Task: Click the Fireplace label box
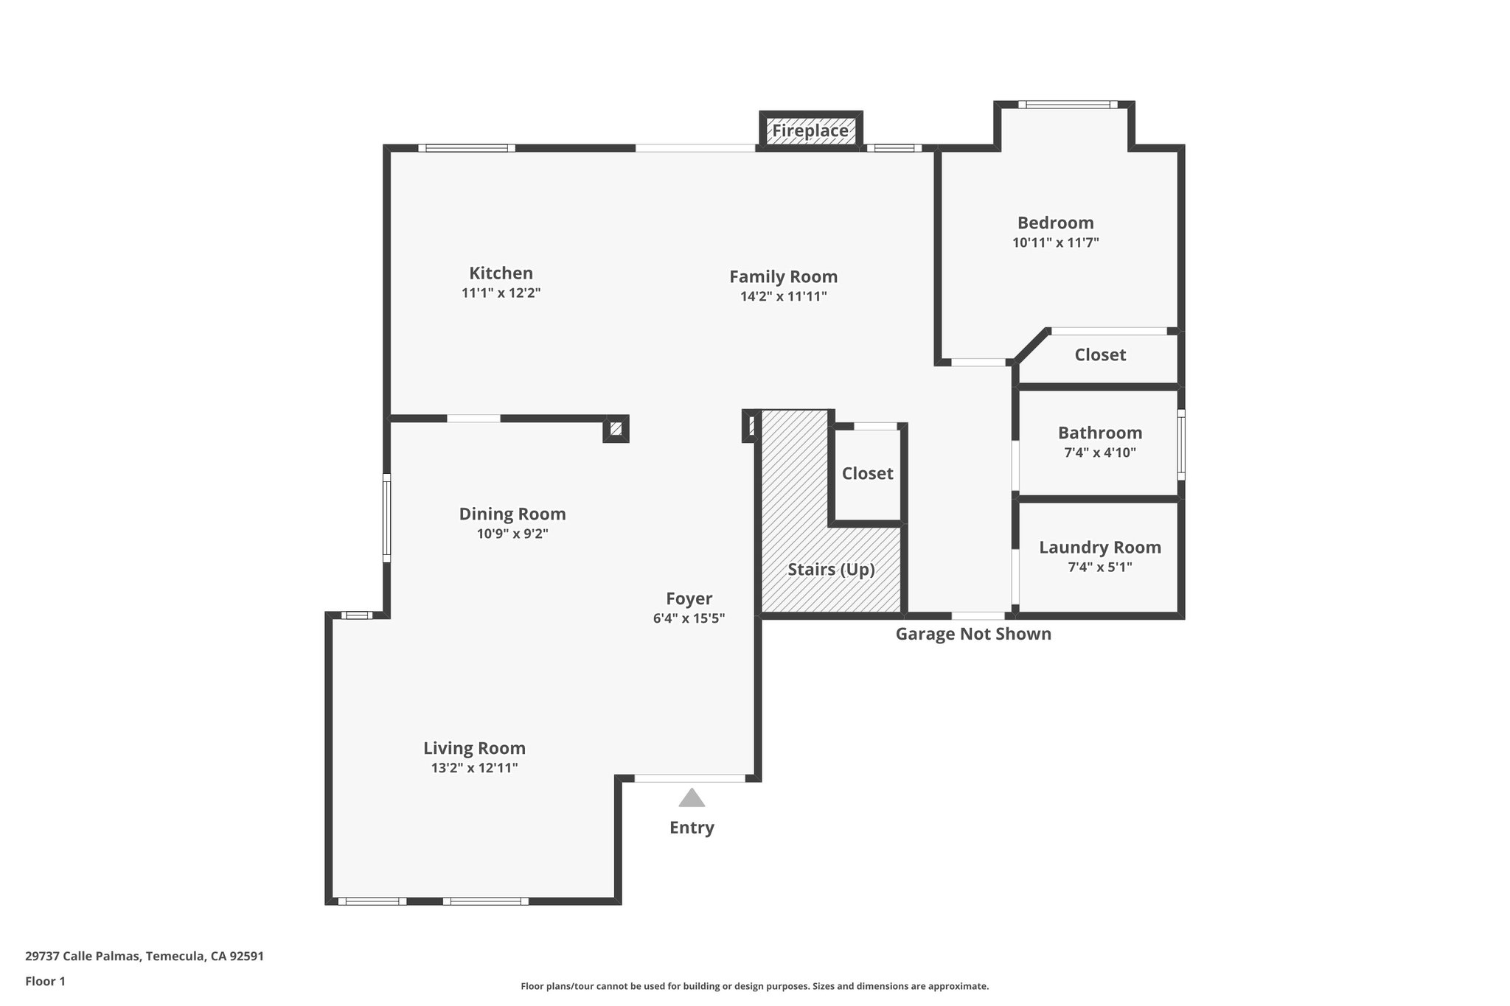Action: (810, 131)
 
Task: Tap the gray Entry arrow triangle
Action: (691, 798)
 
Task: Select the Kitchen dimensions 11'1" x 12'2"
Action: (501, 293)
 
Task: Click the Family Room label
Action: (783, 276)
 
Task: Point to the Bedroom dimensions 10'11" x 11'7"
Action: (1055, 242)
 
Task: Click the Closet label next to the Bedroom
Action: (1099, 354)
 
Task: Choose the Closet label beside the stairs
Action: (867, 473)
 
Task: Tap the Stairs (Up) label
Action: (830, 569)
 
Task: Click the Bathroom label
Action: (1099, 433)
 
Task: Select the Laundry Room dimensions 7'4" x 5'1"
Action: (1099, 567)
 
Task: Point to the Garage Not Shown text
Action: (973, 634)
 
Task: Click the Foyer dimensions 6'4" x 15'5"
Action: (689, 618)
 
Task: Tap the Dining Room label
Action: (512, 514)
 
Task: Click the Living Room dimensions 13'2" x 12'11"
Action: (474, 768)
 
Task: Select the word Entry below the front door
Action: (691, 828)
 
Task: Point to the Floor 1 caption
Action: (45, 981)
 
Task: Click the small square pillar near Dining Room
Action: (616, 428)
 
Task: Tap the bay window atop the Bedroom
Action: (1068, 105)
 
